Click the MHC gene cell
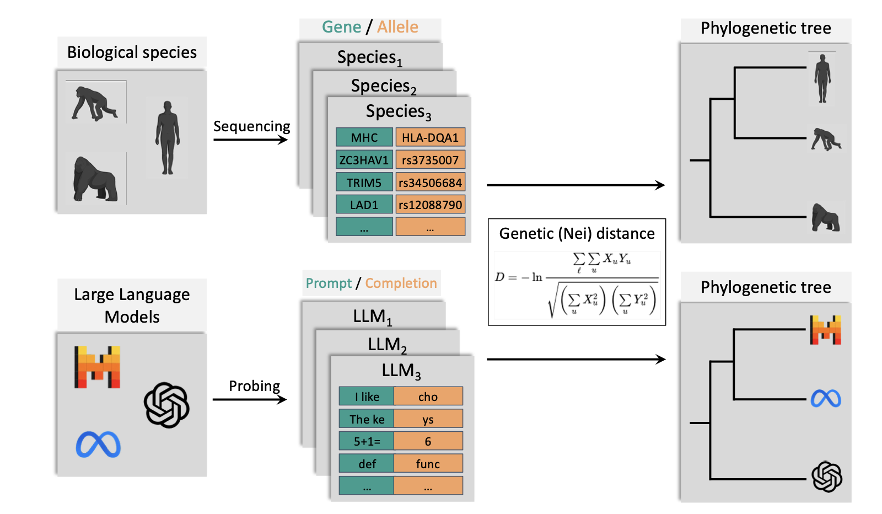tap(364, 137)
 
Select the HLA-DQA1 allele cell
tap(430, 137)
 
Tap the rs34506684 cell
tap(430, 183)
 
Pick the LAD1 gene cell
tap(364, 205)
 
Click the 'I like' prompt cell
tap(367, 397)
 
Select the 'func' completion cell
tap(428, 464)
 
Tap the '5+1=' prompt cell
tap(367, 441)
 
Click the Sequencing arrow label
tap(251, 126)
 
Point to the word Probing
tap(254, 386)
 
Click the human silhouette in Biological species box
tap(168, 137)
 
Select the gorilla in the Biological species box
tap(95, 179)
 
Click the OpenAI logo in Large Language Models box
tap(166, 405)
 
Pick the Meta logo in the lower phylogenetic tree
tap(825, 398)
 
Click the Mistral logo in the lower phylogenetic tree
tap(825, 330)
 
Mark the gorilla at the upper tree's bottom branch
tap(825, 217)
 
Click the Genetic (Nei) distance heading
tap(577, 233)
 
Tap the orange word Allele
tap(397, 27)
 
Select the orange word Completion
tap(401, 283)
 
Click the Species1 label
tap(369, 57)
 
